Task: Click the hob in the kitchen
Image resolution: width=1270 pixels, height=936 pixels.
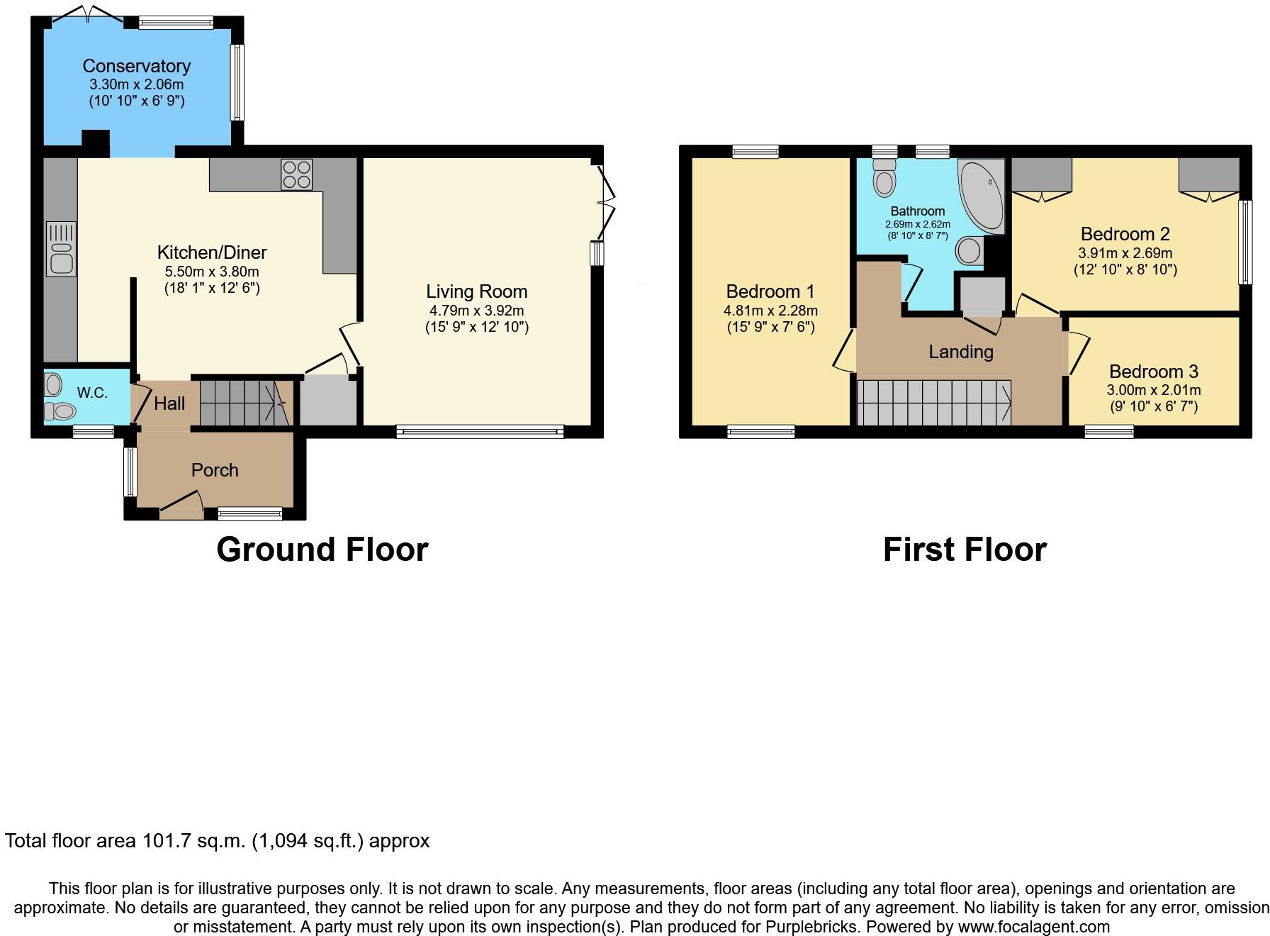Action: tap(296, 174)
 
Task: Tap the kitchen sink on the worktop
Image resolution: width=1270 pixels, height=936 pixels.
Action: tap(61, 249)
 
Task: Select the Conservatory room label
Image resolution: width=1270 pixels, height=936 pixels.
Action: tap(137, 66)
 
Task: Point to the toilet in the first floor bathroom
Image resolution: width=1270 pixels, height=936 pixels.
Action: tap(884, 177)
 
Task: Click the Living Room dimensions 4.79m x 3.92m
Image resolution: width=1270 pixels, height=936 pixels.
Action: tap(476, 310)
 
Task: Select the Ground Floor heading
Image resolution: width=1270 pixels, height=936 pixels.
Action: tap(322, 550)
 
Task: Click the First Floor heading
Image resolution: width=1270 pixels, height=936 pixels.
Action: tap(964, 550)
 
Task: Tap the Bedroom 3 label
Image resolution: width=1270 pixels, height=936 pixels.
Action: tap(1153, 372)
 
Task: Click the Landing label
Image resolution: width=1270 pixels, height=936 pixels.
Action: tap(960, 352)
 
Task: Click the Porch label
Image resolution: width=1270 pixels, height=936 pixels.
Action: tap(215, 470)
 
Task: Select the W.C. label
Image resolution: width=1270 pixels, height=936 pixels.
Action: tap(92, 393)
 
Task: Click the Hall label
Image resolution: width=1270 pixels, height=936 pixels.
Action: tap(169, 403)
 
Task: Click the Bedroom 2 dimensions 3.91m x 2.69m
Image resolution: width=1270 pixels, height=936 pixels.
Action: tap(1125, 253)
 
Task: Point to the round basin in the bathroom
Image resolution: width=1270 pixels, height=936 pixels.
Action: tap(969, 250)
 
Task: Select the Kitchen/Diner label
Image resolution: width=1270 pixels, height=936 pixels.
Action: tap(211, 252)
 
